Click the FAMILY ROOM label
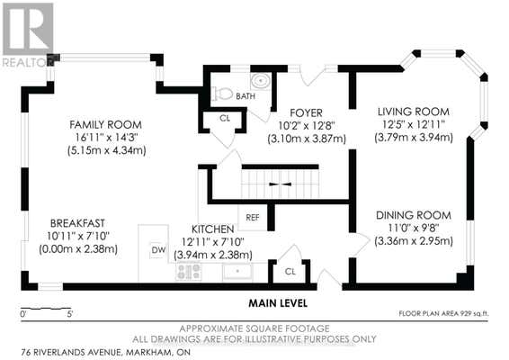[x=105, y=124]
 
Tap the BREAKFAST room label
[x=77, y=223]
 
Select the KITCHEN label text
[x=212, y=229]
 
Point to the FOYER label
[x=306, y=112]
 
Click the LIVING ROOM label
[x=414, y=112]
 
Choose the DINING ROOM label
[x=414, y=215]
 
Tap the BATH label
[x=246, y=96]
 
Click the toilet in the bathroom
[x=222, y=94]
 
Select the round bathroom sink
[x=261, y=80]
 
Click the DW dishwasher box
[x=158, y=250]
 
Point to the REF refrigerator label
[x=252, y=218]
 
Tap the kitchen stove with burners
[x=188, y=272]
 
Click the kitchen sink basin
[x=237, y=271]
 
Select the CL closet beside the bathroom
[x=225, y=118]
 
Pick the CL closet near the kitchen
[x=290, y=271]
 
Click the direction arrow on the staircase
[x=281, y=184]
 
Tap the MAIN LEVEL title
[x=278, y=303]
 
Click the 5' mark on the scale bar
[x=70, y=314]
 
